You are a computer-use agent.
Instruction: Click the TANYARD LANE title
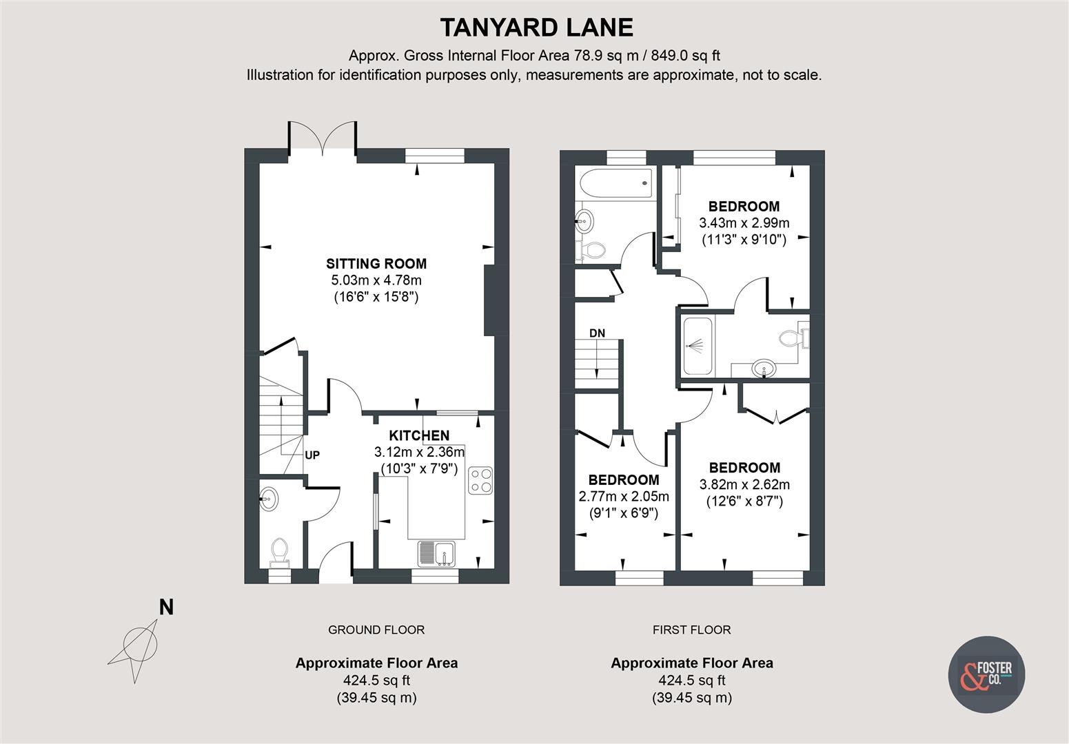coord(536,28)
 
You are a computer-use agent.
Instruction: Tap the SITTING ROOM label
coord(376,263)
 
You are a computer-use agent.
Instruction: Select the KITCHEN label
coord(419,435)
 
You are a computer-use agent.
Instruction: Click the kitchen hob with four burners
coord(480,480)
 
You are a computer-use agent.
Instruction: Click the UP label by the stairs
coord(312,455)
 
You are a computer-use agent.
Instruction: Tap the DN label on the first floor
coord(597,333)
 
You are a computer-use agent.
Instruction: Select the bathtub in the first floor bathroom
coord(615,183)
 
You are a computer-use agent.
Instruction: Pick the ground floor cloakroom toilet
coord(279,550)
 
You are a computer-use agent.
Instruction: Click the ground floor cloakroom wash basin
coord(269,499)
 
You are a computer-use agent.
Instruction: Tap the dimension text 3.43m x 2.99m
coord(744,223)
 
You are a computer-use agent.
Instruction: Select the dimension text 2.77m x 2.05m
coord(623,497)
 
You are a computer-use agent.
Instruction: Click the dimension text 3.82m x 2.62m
coord(744,484)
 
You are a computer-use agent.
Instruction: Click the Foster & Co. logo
coord(986,673)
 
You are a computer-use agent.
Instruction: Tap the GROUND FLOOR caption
coord(376,630)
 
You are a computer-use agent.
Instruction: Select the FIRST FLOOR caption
coord(691,630)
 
